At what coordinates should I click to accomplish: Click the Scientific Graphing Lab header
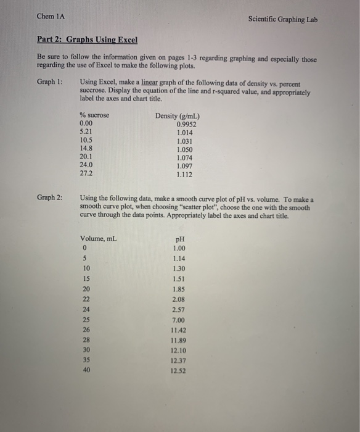283,19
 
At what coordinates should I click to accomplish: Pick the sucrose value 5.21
87,131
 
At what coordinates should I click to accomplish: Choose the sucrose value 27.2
87,173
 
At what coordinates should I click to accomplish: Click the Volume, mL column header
99,239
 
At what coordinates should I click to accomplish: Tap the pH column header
180,239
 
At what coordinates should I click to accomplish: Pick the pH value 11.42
179,331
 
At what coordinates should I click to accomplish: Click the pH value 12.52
179,371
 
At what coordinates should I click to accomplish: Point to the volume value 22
86,299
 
